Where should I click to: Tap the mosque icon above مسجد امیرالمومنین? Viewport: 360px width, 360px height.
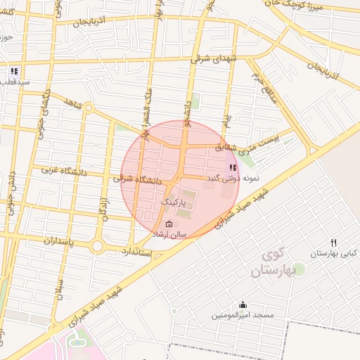pyautogui.click(x=243, y=304)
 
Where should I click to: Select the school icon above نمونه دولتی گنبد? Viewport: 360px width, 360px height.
pyautogui.click(x=232, y=167)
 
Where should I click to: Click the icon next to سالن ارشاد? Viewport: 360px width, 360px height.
pyautogui.click(x=159, y=224)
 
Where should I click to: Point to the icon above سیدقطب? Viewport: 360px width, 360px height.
pyautogui.click(x=14, y=71)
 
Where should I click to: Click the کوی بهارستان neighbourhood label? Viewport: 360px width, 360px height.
pyautogui.click(x=280, y=261)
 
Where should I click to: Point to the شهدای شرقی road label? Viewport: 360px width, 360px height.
pyautogui.click(x=216, y=58)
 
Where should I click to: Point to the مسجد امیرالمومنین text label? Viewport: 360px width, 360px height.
pyautogui.click(x=243, y=316)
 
